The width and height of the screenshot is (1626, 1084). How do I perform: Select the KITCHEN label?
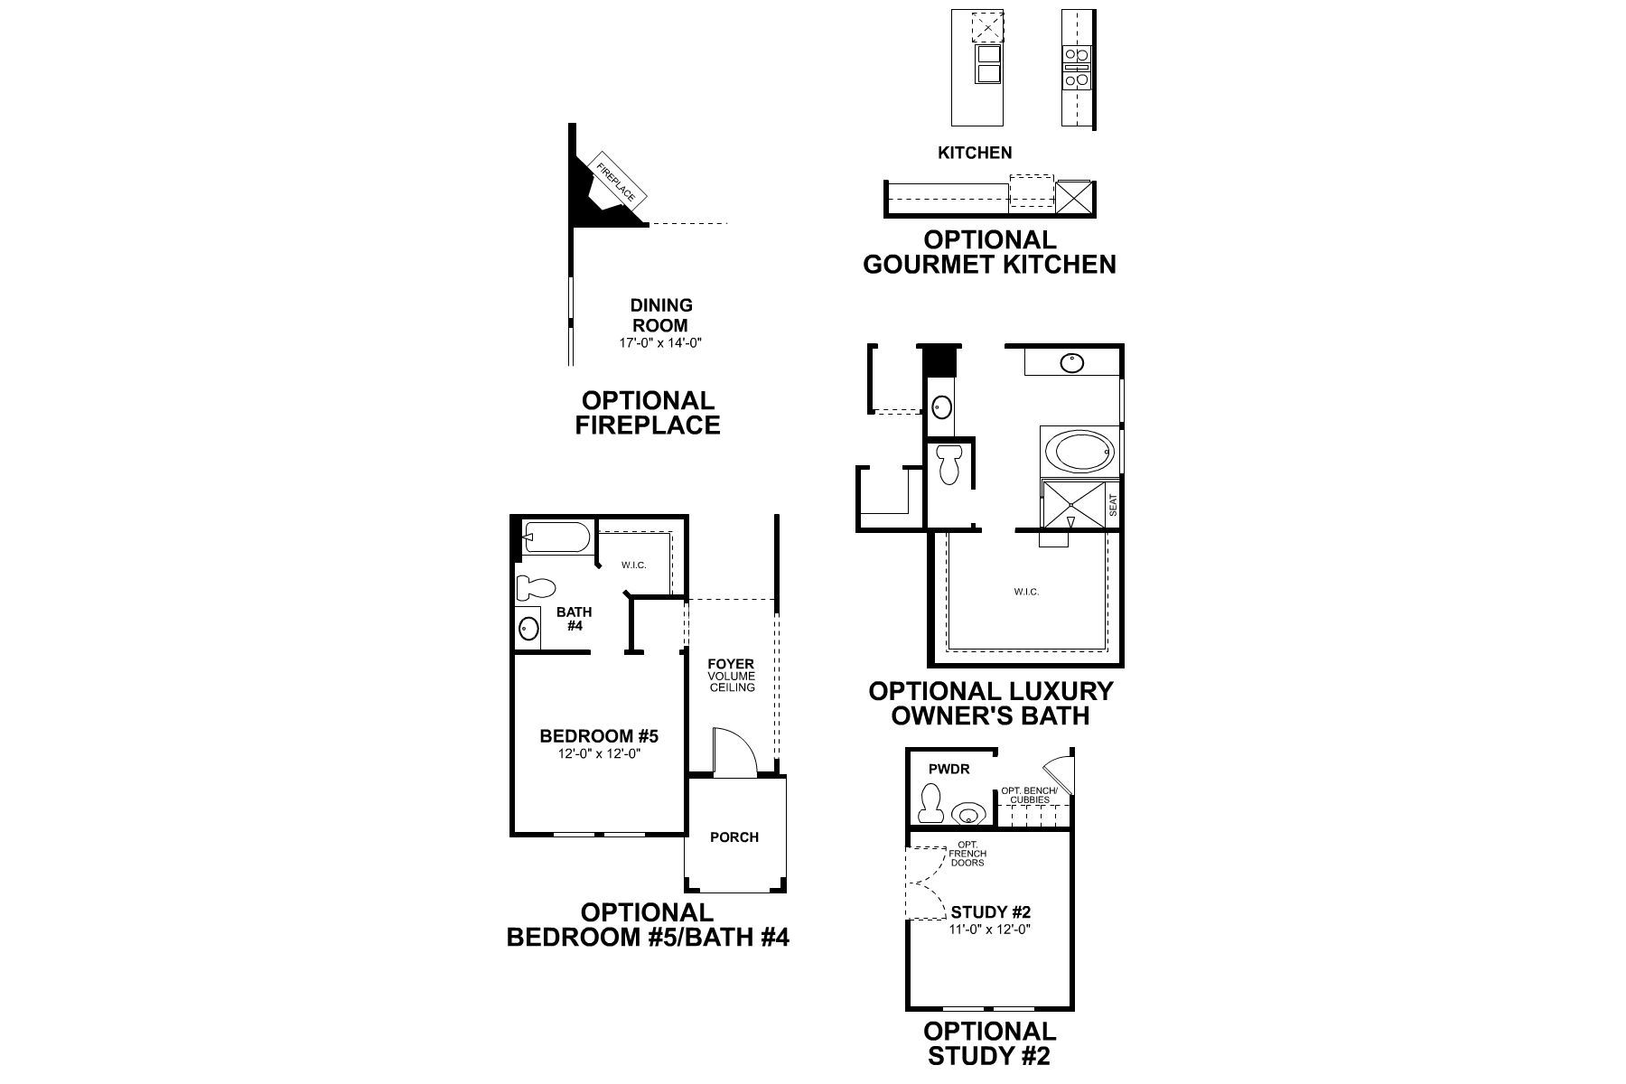[x=975, y=153]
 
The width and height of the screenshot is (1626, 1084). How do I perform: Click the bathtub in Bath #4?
[x=557, y=538]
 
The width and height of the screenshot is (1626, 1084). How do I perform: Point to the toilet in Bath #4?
[x=535, y=589]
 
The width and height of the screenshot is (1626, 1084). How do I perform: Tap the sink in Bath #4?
[x=528, y=627]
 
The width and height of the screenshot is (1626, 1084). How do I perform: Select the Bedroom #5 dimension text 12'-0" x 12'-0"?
[x=599, y=754]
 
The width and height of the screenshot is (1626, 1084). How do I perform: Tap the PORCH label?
[x=734, y=837]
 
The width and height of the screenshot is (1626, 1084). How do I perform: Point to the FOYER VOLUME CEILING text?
[x=732, y=676]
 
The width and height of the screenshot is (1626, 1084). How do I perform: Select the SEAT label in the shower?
[x=1113, y=505]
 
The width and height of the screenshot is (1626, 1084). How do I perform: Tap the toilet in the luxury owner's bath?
[x=948, y=464]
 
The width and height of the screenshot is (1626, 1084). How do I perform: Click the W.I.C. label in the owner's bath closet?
[x=1026, y=592]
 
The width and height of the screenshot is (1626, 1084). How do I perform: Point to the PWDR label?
[x=949, y=770]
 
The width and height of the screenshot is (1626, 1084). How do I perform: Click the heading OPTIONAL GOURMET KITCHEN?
[x=989, y=252]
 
